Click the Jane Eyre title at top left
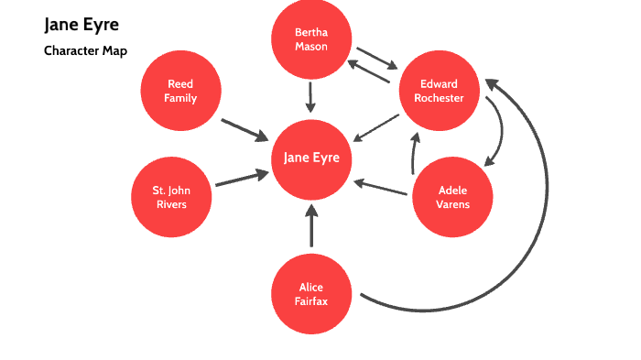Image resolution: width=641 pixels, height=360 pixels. pos(81,24)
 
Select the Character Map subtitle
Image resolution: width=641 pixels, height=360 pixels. pos(85,50)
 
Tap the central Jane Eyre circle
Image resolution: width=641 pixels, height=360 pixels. pos(311,158)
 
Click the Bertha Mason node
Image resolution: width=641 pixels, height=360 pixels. pos(311,39)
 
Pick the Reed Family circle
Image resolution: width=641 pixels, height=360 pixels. pos(180,92)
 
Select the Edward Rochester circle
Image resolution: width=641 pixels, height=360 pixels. pos(440,92)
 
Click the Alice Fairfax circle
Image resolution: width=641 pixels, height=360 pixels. pos(311,294)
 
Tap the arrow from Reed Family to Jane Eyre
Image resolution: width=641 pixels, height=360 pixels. pos(244,128)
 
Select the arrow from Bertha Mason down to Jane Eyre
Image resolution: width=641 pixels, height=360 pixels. pos(311,96)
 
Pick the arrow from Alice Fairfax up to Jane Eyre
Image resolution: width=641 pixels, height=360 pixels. pos(311,225)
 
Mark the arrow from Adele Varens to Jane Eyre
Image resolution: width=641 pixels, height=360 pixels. pos(380,187)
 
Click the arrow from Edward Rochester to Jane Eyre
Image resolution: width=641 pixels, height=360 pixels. pos(375,127)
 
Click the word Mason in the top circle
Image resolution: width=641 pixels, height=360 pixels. pos(311,46)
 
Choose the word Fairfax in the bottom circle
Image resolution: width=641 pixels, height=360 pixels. pos(311,300)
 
